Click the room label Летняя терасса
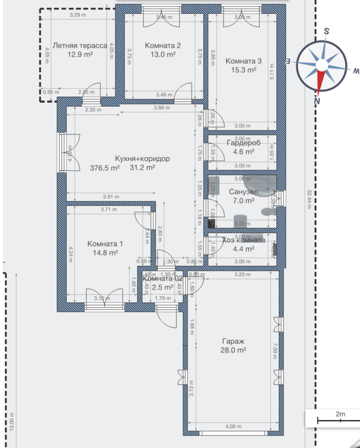(x=79, y=45)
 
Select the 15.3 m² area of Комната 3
(x=243, y=70)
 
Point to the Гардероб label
(x=242, y=142)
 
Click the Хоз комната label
(x=244, y=240)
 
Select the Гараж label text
(x=233, y=342)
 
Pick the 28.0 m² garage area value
(x=233, y=351)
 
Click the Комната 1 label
(x=105, y=244)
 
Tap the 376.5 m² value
(x=104, y=168)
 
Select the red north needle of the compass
(x=321, y=81)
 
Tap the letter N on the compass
(x=318, y=100)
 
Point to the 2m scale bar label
(x=340, y=414)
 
